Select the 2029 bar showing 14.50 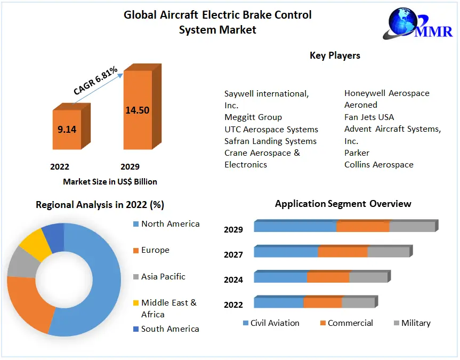138,110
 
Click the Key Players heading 335,55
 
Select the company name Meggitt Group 253,117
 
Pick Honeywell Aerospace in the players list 386,93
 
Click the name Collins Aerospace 378,165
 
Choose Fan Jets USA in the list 369,117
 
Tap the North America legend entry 170,224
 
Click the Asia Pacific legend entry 163,277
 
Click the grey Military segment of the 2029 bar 412,227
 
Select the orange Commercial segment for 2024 328,277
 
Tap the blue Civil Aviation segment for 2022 278,303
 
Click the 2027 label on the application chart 233,255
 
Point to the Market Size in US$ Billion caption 110,182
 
